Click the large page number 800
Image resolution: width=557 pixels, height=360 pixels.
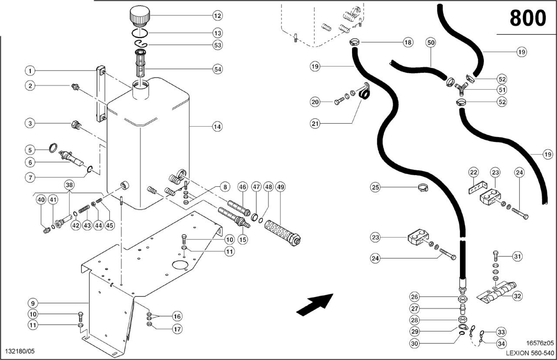tap(527, 18)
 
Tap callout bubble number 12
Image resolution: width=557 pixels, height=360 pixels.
tap(218, 16)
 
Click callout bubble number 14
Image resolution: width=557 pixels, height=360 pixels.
tap(217, 127)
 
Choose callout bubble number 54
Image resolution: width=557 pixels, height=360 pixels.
tap(218, 69)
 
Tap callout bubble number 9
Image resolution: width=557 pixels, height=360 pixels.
tap(32, 303)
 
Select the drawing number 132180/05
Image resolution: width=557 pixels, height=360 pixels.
tap(20, 351)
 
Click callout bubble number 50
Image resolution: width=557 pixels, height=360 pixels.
tap(431, 43)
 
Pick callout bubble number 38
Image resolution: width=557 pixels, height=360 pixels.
tap(69, 185)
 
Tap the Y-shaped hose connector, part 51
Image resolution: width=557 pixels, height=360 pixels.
tap(461, 90)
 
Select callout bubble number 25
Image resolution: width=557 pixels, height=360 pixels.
tap(376, 188)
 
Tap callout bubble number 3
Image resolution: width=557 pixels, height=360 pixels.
tap(30, 124)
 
